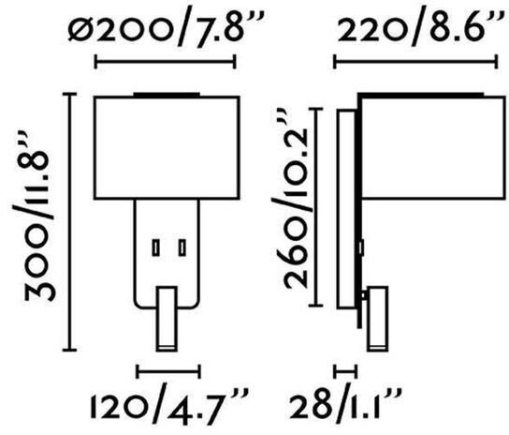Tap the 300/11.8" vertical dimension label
coord(36,216)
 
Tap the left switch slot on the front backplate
coord(156,247)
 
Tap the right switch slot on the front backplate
coord(182,247)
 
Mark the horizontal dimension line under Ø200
coord(166,62)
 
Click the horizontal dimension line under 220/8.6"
coord(415,62)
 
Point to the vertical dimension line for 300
coord(69,222)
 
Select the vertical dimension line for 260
coord(315,207)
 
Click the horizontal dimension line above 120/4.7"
coord(168,371)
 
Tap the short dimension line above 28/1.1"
coord(345,371)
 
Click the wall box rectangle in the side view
coord(346,209)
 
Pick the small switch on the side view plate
coord(361,247)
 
